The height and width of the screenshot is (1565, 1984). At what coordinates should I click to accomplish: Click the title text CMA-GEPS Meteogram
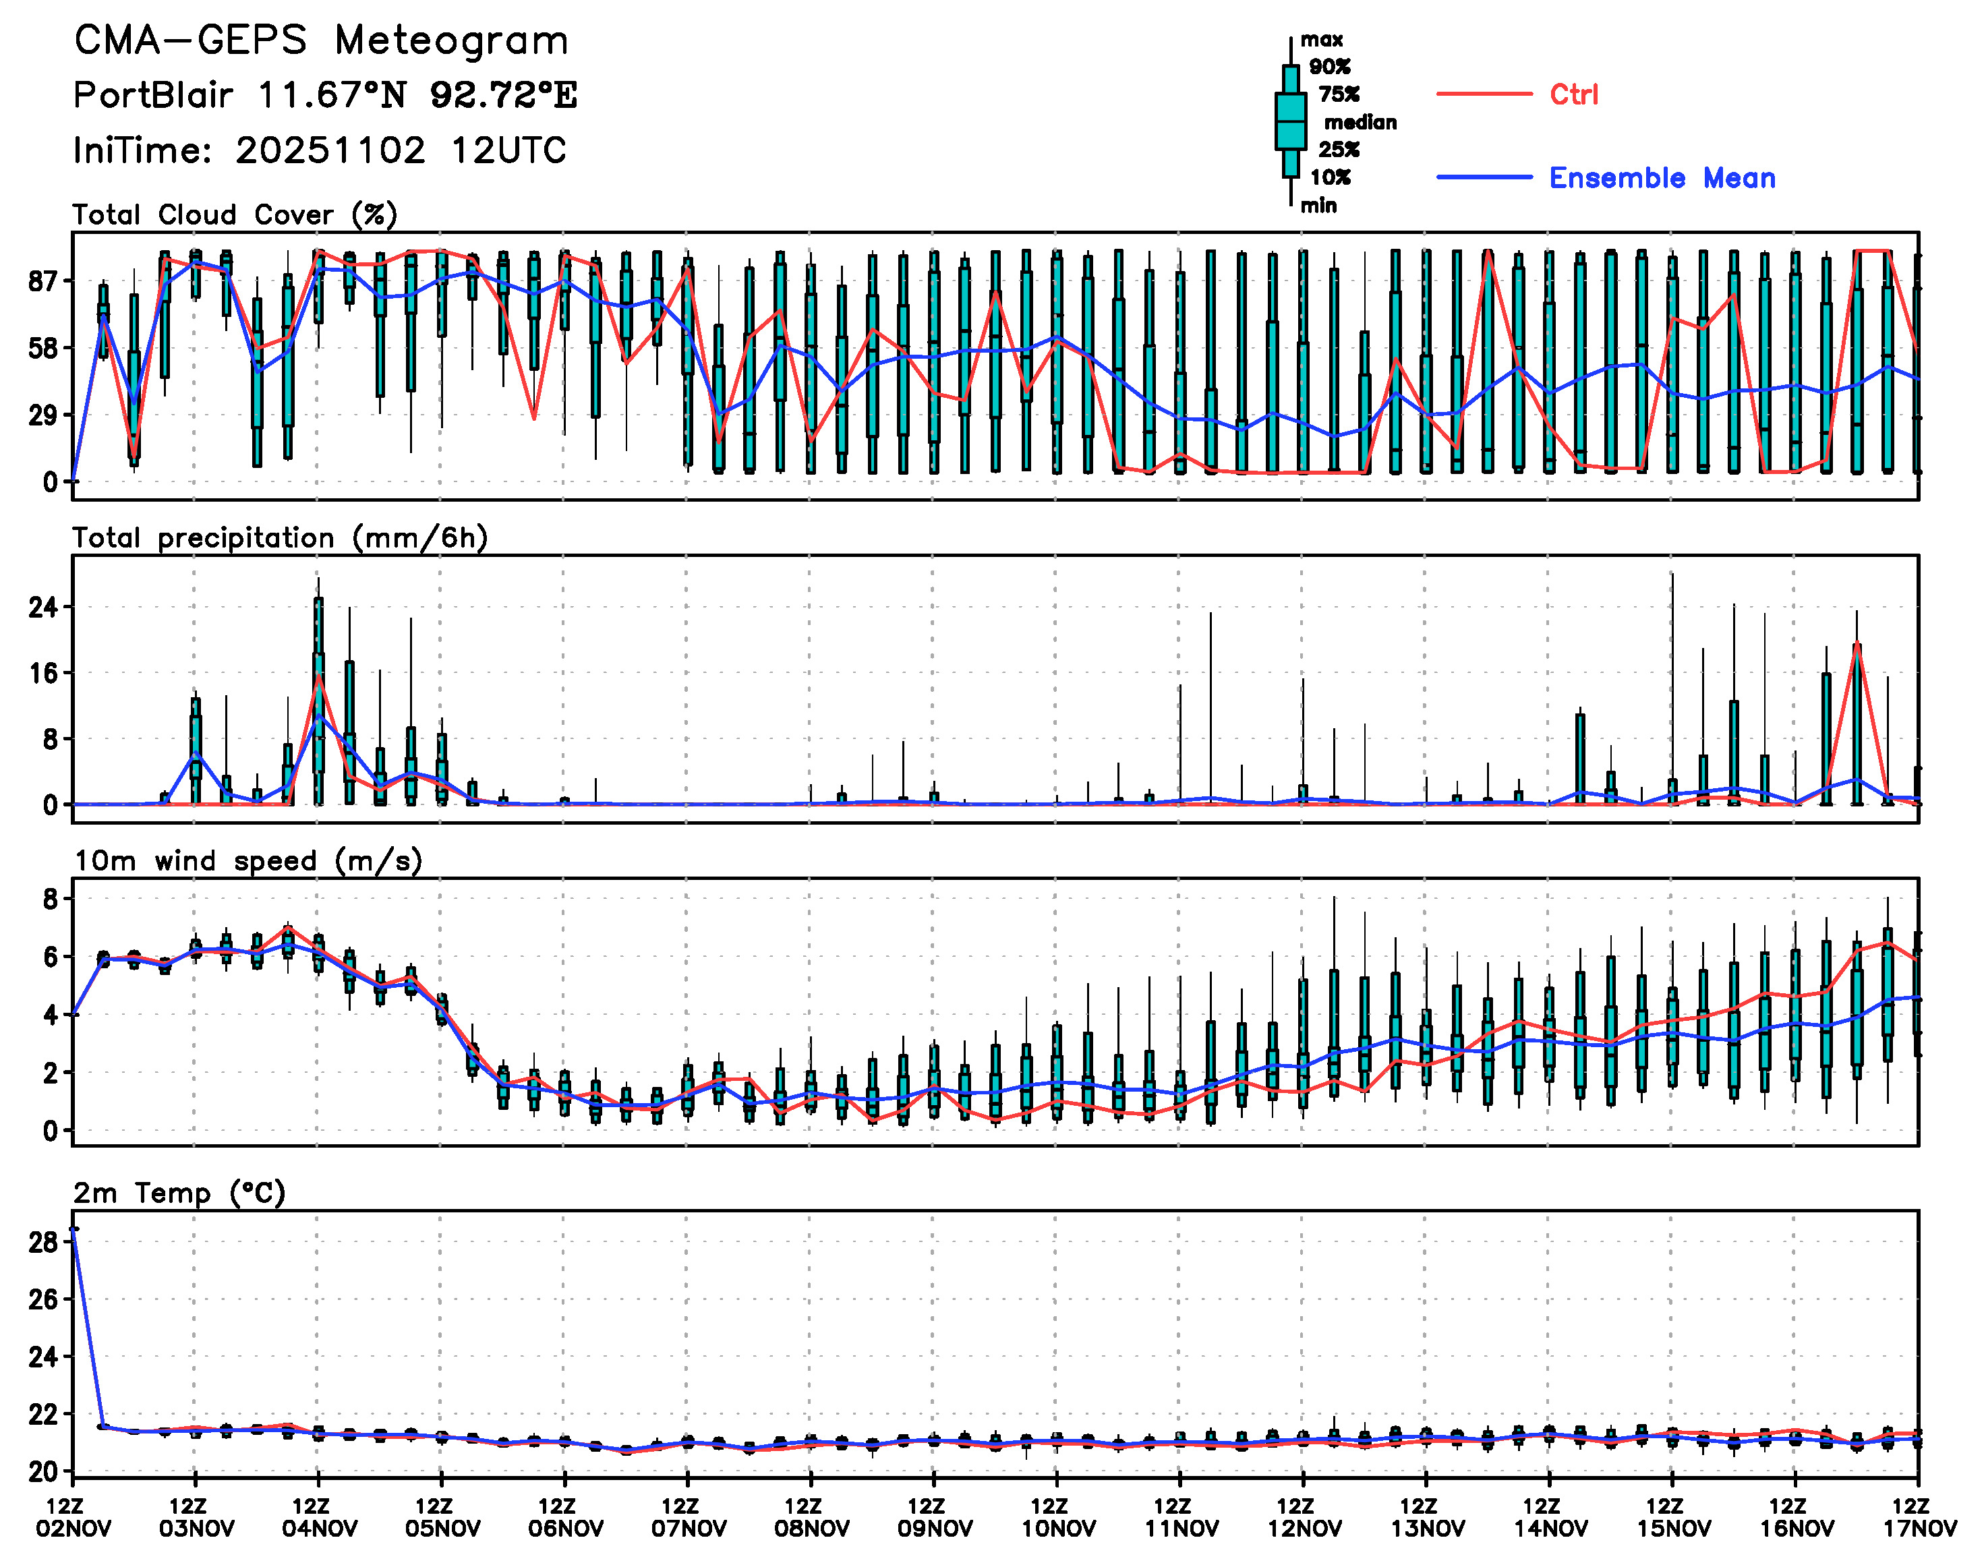[x=321, y=41]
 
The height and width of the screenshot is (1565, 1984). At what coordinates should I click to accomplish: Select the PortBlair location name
[x=153, y=95]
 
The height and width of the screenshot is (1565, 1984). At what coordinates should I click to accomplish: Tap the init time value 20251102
[x=330, y=150]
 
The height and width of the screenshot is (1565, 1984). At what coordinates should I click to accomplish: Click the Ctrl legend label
[x=1573, y=94]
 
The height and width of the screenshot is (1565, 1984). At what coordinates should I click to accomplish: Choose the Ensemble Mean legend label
[x=1662, y=178]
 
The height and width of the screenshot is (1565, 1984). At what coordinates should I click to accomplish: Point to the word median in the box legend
[x=1360, y=122]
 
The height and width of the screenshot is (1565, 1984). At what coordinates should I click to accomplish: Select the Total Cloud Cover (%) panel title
[x=235, y=214]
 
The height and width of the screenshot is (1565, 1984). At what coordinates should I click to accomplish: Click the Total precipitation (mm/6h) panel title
[x=279, y=538]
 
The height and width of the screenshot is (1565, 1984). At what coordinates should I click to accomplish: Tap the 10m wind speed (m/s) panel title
[x=247, y=861]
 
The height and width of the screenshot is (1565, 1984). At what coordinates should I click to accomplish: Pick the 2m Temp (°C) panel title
[x=179, y=1193]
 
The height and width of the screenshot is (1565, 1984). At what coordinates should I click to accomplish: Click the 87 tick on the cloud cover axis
[x=43, y=281]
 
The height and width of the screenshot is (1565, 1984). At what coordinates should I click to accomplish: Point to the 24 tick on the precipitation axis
[x=43, y=607]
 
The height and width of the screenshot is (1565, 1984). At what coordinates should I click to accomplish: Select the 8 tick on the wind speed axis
[x=49, y=899]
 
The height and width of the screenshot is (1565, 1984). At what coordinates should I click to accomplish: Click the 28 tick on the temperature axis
[x=43, y=1243]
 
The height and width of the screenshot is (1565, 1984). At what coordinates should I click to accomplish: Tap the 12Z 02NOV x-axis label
[x=74, y=1517]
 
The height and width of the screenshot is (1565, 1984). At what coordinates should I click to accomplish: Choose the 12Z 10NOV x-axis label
[x=1057, y=1517]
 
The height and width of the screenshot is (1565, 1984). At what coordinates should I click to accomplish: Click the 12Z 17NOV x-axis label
[x=1919, y=1517]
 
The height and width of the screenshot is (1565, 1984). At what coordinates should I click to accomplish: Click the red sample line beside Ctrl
[x=1484, y=94]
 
